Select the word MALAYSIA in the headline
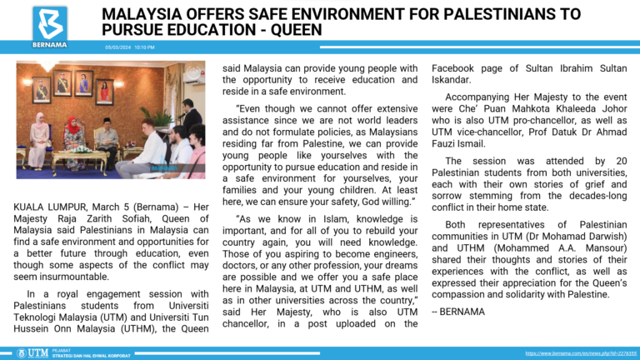[141, 13]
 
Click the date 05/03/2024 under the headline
[116, 47]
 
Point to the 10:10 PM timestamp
[145, 47]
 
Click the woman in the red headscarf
[73, 137]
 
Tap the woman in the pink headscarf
[38, 137]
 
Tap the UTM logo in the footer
[38, 352]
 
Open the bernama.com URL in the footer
[581, 353]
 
